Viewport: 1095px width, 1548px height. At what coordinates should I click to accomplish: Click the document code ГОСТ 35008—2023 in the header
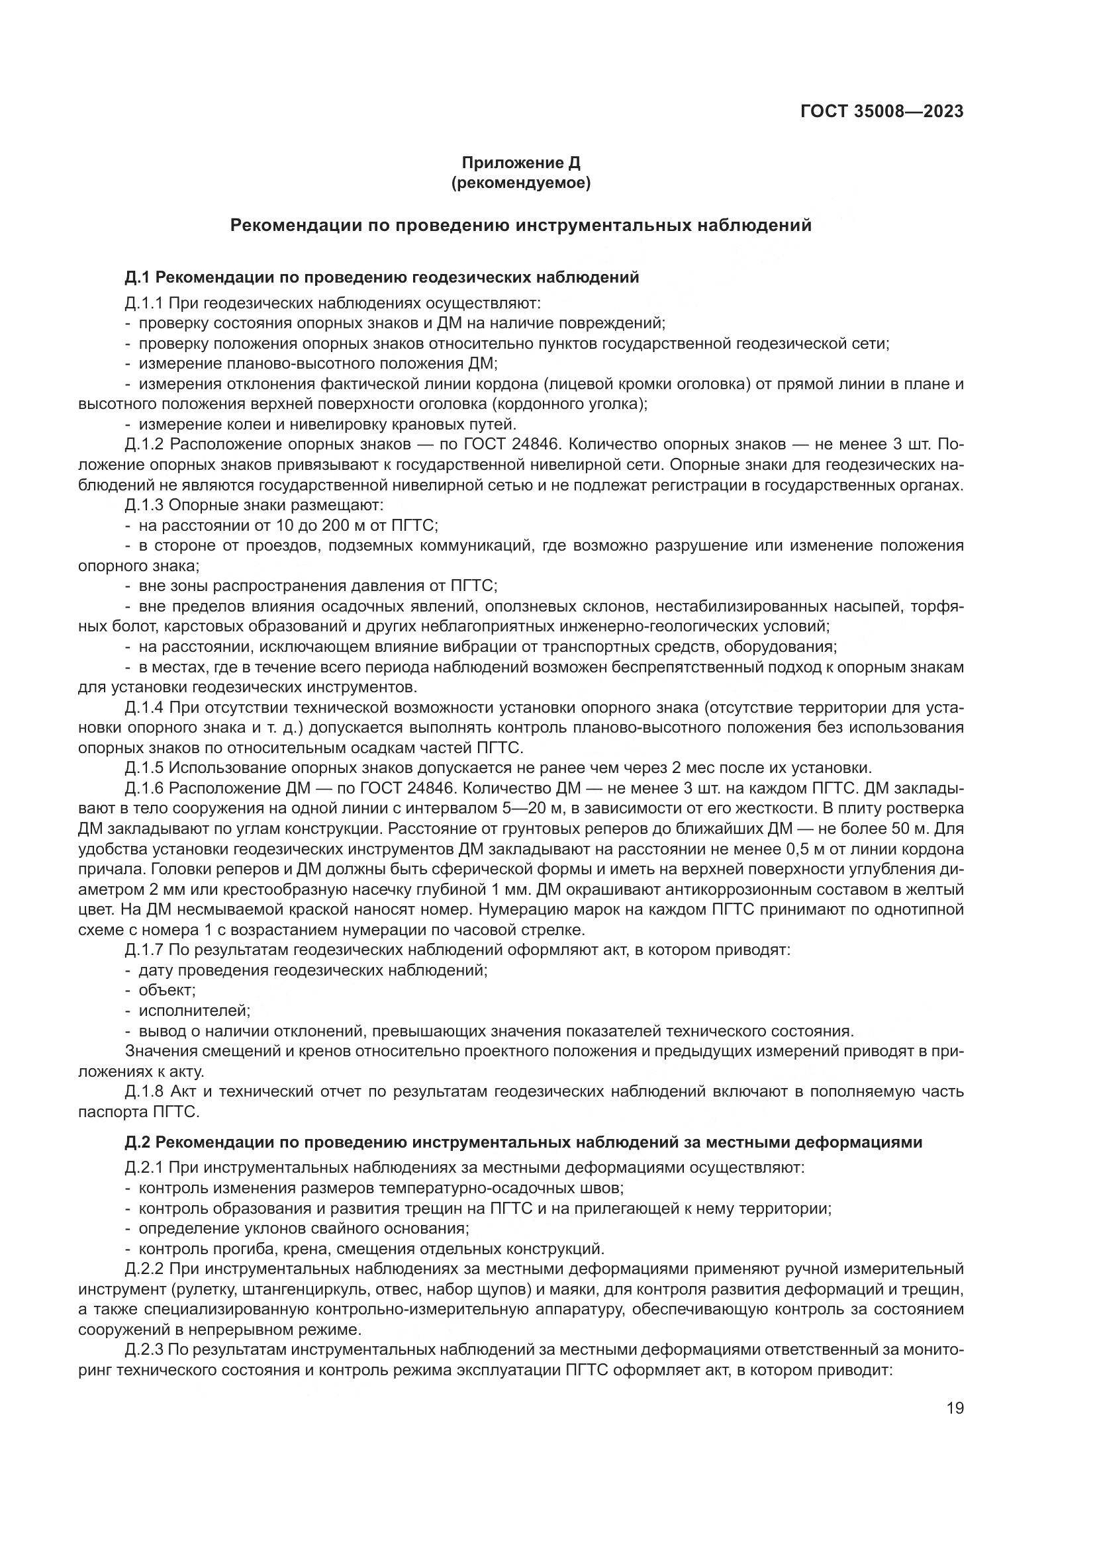click(882, 111)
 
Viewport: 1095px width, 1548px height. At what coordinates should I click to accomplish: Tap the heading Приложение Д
click(520, 163)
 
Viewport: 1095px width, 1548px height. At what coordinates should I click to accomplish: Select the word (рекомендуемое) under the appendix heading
click(520, 183)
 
